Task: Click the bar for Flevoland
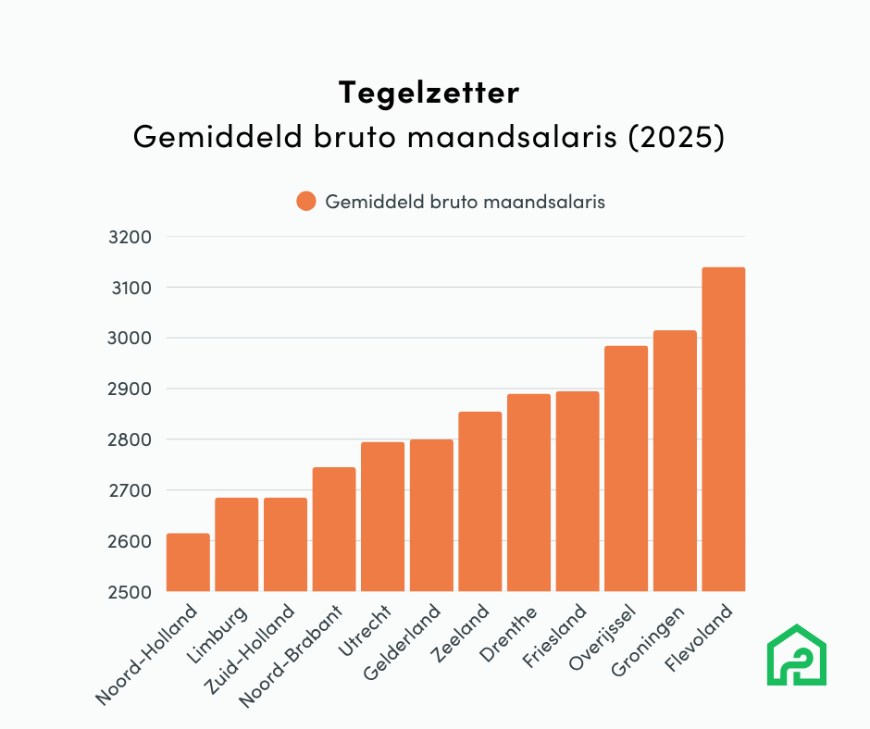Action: tap(723, 429)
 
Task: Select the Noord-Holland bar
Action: tap(188, 562)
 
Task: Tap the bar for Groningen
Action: tap(675, 461)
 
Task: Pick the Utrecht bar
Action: tap(382, 516)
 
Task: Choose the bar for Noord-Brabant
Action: tap(334, 529)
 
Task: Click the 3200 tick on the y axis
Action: tap(130, 237)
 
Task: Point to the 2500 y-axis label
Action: tap(130, 591)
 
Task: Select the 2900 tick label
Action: tap(130, 389)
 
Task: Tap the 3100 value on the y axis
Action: tap(130, 288)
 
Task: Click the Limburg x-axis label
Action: tap(222, 633)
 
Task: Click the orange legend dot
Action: tap(306, 202)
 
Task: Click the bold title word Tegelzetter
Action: tap(429, 93)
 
